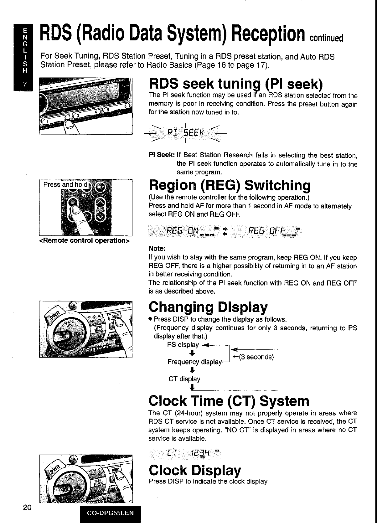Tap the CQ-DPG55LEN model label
click(x=111, y=513)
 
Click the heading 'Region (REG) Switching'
click(x=230, y=185)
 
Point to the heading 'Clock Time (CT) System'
click(x=229, y=401)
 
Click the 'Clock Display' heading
click(x=195, y=470)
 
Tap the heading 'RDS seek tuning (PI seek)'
click(x=235, y=84)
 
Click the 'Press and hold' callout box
click(x=65, y=184)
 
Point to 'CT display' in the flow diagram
click(x=184, y=379)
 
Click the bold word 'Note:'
click(x=157, y=249)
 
